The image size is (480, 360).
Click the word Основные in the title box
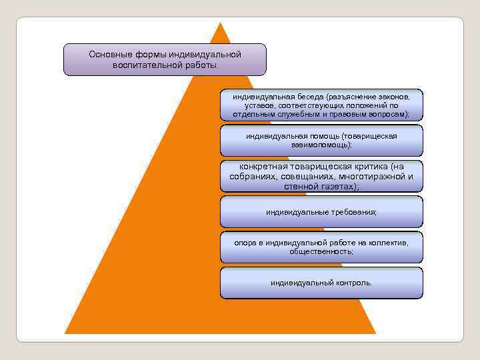[109, 54]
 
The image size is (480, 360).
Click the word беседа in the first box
[307, 97]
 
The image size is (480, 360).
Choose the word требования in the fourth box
[353, 212]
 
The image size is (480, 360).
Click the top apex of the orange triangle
[220, 23]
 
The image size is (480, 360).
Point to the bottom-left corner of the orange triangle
[65, 333]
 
